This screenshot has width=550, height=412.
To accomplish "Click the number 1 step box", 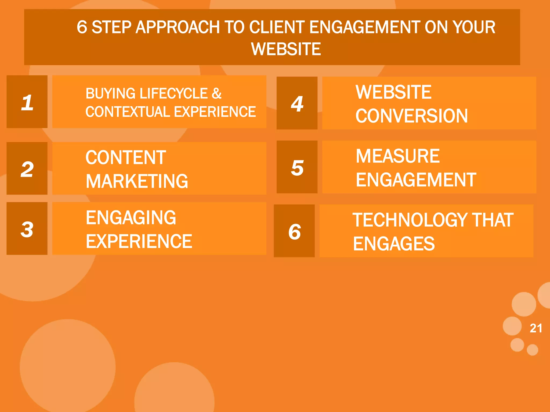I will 27,102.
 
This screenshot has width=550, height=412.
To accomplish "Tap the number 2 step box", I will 27,168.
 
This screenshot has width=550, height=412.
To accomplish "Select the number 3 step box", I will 27,229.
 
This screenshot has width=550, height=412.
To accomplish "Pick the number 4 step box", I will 297,103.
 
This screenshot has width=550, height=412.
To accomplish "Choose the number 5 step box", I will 297,167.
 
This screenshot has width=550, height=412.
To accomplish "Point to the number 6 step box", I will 294,231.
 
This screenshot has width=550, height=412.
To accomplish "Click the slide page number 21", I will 536,328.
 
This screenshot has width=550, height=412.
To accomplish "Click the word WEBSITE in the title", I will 286,49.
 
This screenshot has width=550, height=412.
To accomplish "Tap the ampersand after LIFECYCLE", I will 216,94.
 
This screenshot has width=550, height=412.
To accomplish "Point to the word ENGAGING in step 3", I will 131,218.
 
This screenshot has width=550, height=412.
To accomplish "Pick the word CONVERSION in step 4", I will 412,116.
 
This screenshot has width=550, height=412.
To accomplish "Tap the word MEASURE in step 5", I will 398,156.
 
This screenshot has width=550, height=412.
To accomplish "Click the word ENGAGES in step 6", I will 394,244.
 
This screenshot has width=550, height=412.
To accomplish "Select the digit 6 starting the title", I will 82,27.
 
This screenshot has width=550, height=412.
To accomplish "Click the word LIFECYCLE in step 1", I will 173,94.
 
